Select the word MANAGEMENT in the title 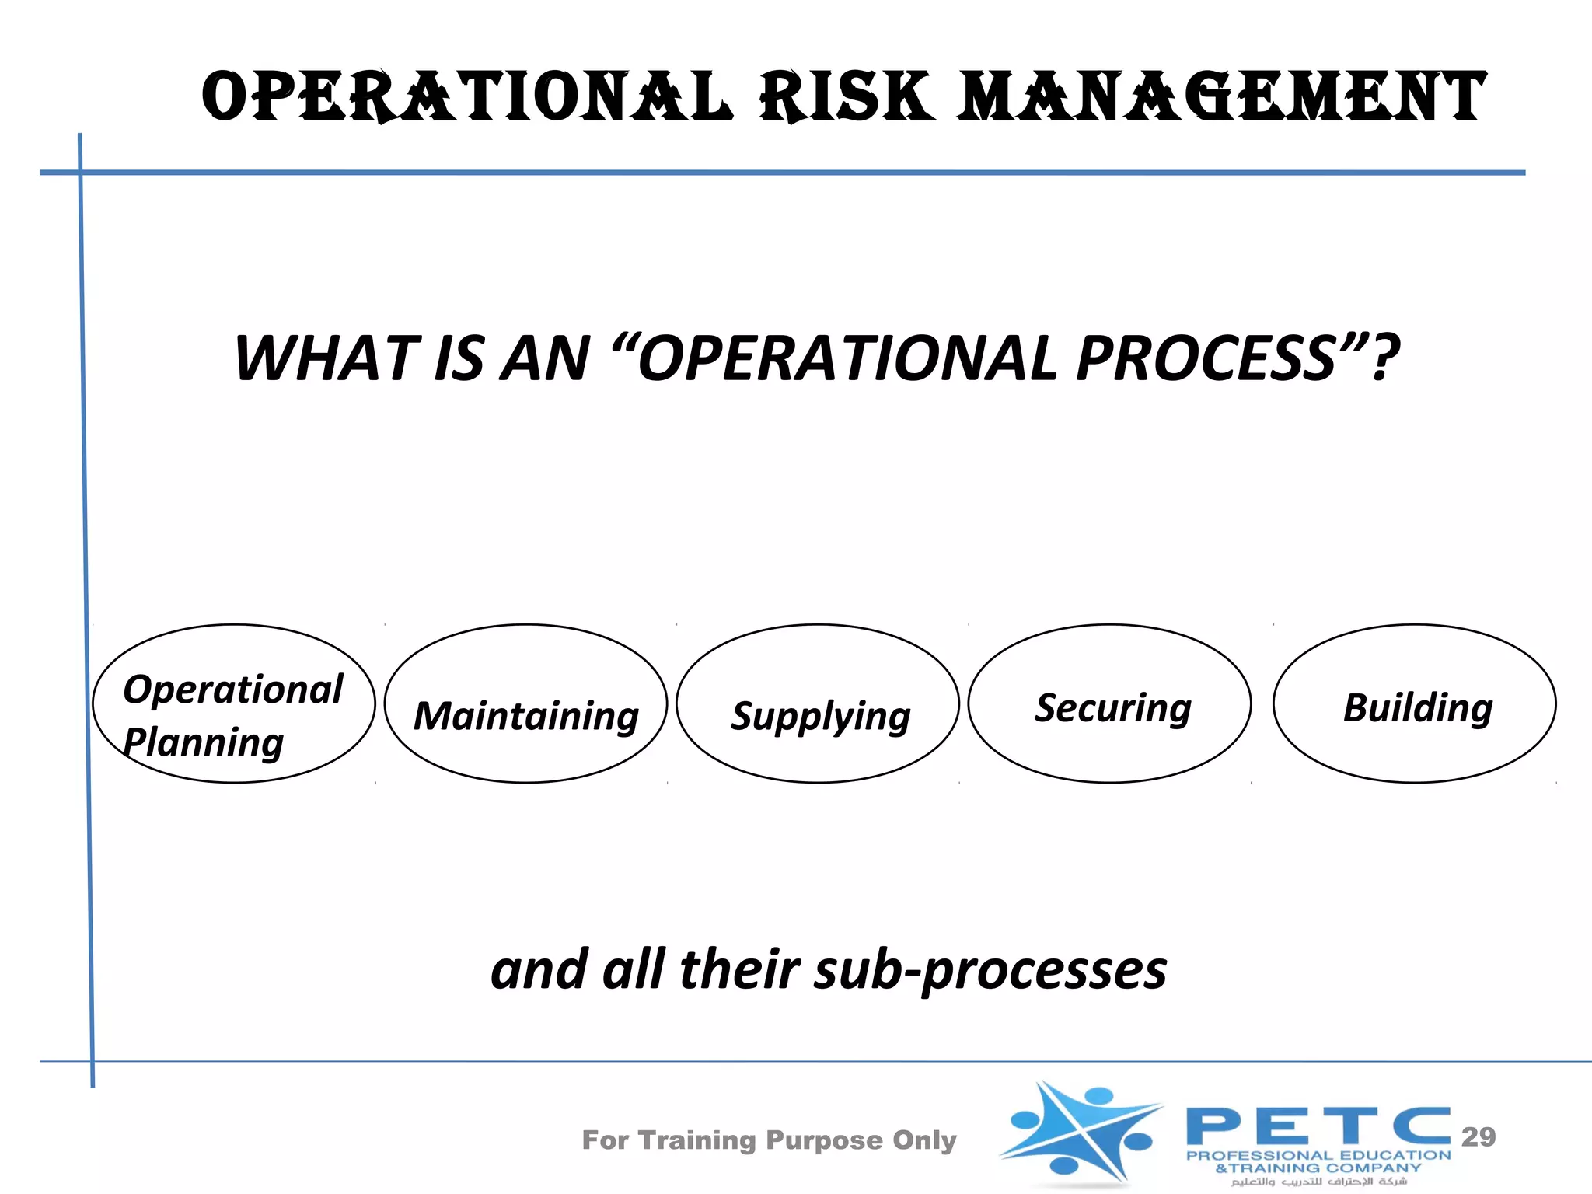(1220, 97)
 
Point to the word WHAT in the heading (326, 358)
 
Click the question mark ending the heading (1384, 358)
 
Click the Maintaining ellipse (525, 703)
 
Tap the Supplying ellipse (818, 703)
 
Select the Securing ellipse (1110, 703)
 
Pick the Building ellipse (1414, 703)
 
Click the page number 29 (1478, 1136)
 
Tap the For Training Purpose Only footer (769, 1140)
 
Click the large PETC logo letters (1318, 1126)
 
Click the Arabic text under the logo (1318, 1182)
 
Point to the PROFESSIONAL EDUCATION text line (1318, 1156)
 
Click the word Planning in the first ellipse (204, 742)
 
